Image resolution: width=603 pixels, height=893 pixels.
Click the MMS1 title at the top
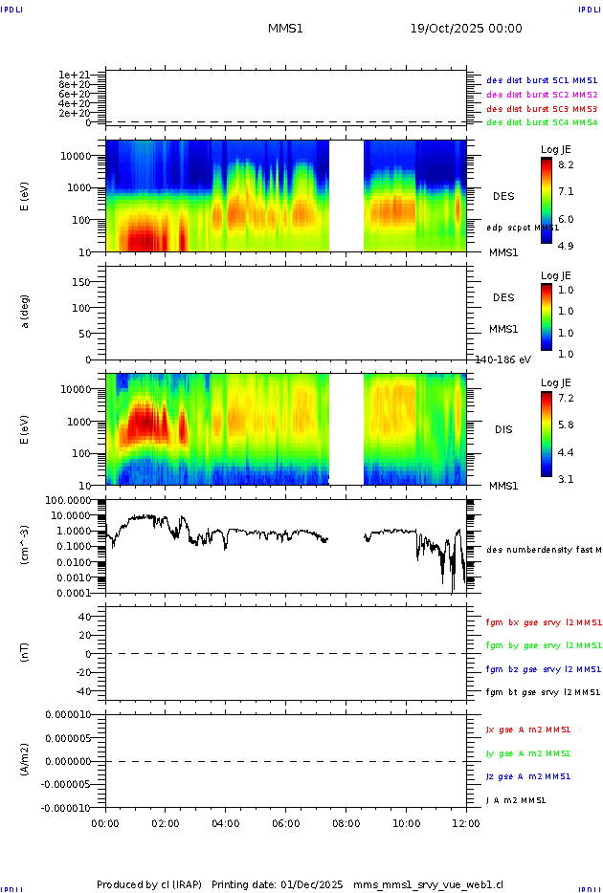(x=285, y=29)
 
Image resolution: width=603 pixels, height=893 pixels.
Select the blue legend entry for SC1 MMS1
(x=542, y=81)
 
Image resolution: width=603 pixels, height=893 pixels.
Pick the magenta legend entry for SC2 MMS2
(x=542, y=95)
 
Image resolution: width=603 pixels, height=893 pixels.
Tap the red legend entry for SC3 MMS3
(x=542, y=109)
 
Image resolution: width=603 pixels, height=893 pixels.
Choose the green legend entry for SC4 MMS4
(x=542, y=122)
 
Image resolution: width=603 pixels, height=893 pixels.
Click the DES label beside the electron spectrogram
(x=503, y=196)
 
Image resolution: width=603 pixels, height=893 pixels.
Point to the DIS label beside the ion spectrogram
(x=503, y=429)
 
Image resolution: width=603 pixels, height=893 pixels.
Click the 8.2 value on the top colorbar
(x=566, y=164)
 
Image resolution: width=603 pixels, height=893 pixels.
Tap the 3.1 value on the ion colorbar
(x=566, y=479)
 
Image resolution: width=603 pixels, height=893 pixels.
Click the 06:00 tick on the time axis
(x=286, y=822)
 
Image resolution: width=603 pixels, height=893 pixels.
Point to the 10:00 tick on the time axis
(x=407, y=822)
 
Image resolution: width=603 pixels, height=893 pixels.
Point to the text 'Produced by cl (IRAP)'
(x=149, y=884)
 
